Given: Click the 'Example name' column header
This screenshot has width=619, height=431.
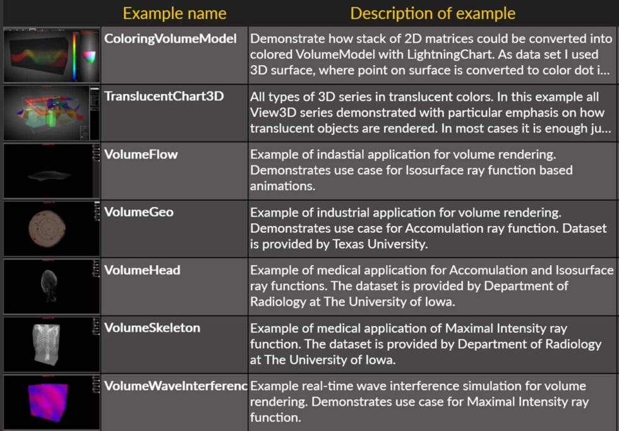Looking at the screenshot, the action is pyautogui.click(x=174, y=13).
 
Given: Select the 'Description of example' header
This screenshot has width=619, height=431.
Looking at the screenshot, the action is pyautogui.click(x=433, y=13).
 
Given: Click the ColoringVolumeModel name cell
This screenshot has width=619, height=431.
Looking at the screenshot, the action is pyautogui.click(x=170, y=38).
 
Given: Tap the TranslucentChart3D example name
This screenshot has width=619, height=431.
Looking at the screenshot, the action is pyautogui.click(x=164, y=96).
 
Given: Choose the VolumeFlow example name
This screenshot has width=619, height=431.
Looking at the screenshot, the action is pyautogui.click(x=141, y=154).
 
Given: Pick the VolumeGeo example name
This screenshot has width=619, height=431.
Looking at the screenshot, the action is pyautogui.click(x=138, y=212).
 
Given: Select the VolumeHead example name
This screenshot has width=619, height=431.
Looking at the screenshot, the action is pyautogui.click(x=142, y=270).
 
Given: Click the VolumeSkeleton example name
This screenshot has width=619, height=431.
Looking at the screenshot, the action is pyautogui.click(x=152, y=328).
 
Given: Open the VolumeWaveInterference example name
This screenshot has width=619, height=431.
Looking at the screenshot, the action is pyautogui.click(x=176, y=386).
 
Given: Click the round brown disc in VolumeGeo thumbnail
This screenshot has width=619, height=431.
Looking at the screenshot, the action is pyautogui.click(x=47, y=228).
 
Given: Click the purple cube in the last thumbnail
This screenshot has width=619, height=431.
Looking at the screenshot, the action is pyautogui.click(x=48, y=402).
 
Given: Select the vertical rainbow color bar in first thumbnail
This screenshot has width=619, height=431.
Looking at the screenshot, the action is pyautogui.click(x=74, y=56).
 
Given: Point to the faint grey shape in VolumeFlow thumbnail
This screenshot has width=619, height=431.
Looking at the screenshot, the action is pyautogui.click(x=49, y=175).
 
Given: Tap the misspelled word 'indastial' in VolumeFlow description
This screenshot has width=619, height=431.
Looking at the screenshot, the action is pyautogui.click(x=340, y=154).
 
